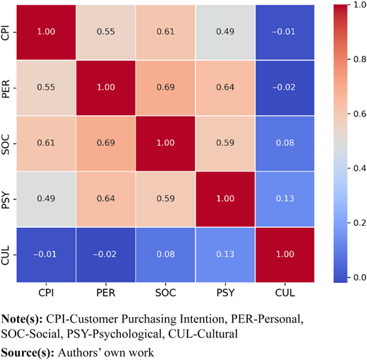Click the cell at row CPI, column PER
(106, 32)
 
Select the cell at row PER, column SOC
(165, 88)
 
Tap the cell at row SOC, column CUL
(285, 143)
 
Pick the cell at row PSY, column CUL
(285, 199)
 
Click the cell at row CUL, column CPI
(46, 255)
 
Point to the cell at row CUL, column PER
(106, 255)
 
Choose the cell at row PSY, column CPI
(46, 199)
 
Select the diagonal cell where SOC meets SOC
(165, 143)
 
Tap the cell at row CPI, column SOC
(165, 32)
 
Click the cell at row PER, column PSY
(225, 88)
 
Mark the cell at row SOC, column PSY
(225, 143)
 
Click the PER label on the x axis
(106, 293)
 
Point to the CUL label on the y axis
(6, 255)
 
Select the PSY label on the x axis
(225, 293)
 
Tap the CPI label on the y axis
(6, 32)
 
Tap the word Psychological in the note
(115, 335)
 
